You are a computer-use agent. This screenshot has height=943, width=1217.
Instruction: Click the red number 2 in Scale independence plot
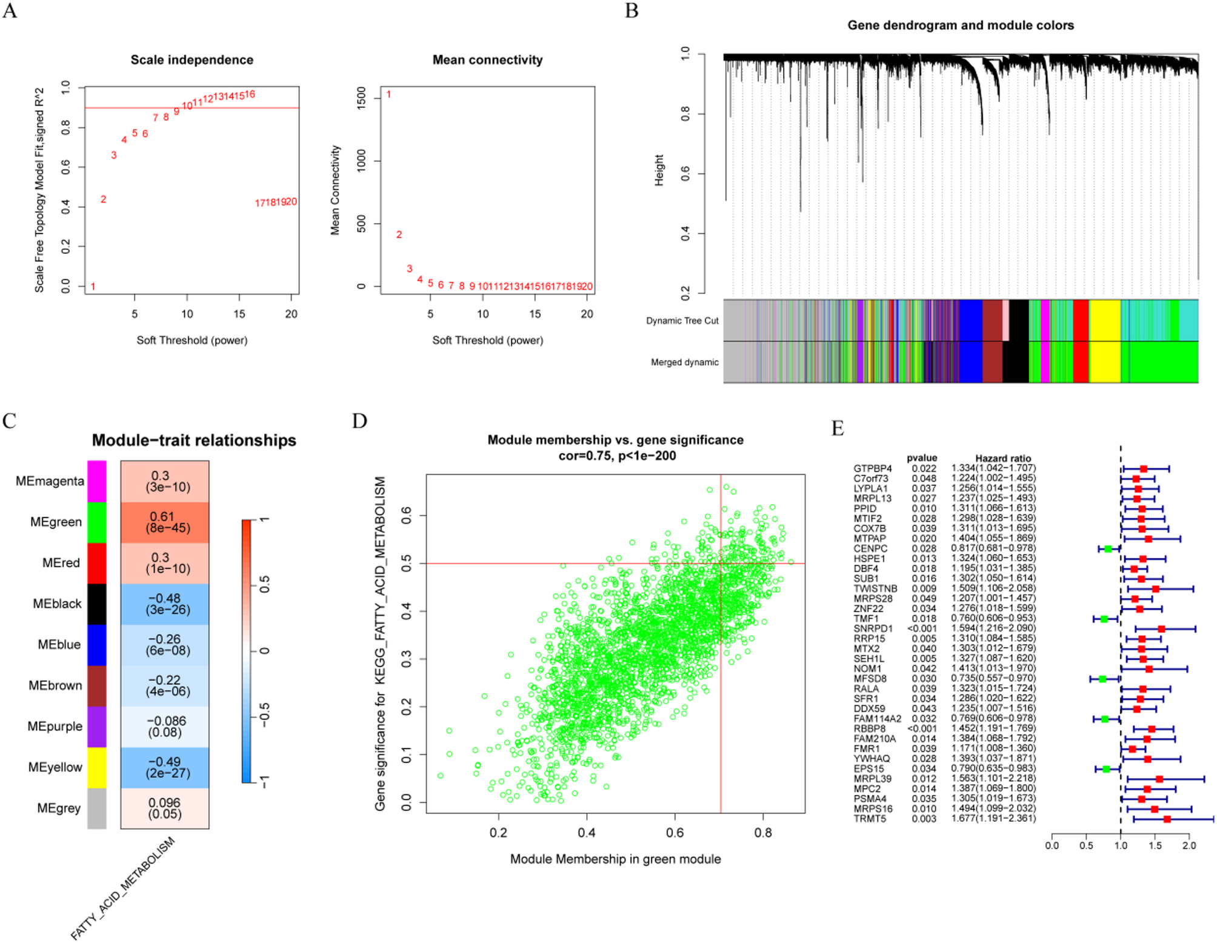pos(104,199)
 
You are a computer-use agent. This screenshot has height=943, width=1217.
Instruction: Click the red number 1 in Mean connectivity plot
pos(388,95)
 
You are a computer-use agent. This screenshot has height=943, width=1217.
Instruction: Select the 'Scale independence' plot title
pos(192,60)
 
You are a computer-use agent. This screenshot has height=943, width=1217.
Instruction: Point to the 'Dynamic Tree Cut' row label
pos(682,321)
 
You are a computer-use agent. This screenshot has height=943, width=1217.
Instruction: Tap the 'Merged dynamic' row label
pos(684,362)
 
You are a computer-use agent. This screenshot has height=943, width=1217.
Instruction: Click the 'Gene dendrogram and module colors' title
pos(960,25)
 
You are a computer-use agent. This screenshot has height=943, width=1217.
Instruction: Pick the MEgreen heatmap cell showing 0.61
pos(165,522)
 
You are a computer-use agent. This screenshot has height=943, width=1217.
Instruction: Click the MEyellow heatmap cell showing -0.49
pos(165,768)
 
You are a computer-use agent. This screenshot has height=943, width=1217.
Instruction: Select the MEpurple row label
pos(55,727)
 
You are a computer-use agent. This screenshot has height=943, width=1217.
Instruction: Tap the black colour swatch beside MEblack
pos(97,604)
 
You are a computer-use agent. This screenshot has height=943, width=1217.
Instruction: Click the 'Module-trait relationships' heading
pos(194,441)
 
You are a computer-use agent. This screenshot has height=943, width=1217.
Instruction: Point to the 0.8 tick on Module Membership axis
pos(763,833)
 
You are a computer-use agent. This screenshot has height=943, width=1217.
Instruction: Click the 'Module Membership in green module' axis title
pos(615,859)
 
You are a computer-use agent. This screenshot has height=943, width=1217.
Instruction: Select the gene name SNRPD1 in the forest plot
pos(873,628)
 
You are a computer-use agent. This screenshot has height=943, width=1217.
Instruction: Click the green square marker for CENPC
pos(1108,549)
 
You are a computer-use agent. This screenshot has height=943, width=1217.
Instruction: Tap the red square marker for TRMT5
pos(1167,819)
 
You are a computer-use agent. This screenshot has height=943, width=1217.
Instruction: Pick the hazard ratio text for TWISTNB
pos(993,588)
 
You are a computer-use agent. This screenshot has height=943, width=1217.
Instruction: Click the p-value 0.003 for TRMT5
pos(924,819)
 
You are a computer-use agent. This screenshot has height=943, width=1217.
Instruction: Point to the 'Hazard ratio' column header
pos(1002,459)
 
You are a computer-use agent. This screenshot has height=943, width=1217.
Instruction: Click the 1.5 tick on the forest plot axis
pos(1155,846)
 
